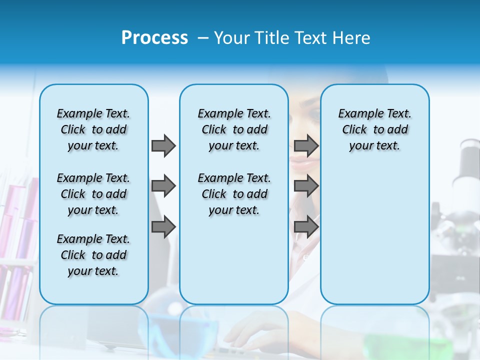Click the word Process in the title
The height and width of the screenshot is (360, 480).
tap(154, 38)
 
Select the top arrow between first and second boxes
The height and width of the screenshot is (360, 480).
tap(163, 145)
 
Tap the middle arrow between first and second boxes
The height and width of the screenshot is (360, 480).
tap(163, 186)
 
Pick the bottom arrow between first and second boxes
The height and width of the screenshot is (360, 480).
tap(163, 227)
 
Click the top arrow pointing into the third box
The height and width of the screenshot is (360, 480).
tap(306, 145)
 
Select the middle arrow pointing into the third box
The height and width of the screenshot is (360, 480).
tap(306, 186)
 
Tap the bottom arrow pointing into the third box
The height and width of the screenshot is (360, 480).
tap(306, 227)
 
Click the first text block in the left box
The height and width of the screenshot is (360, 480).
tap(93, 129)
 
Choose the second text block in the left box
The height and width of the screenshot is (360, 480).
tap(93, 194)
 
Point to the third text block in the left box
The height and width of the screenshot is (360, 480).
tap(93, 255)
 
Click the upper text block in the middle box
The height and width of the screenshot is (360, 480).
tap(234, 129)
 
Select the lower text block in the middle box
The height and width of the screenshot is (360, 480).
tap(234, 194)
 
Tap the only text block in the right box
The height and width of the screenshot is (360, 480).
tap(374, 129)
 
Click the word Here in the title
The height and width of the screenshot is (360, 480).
tap(352, 38)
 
